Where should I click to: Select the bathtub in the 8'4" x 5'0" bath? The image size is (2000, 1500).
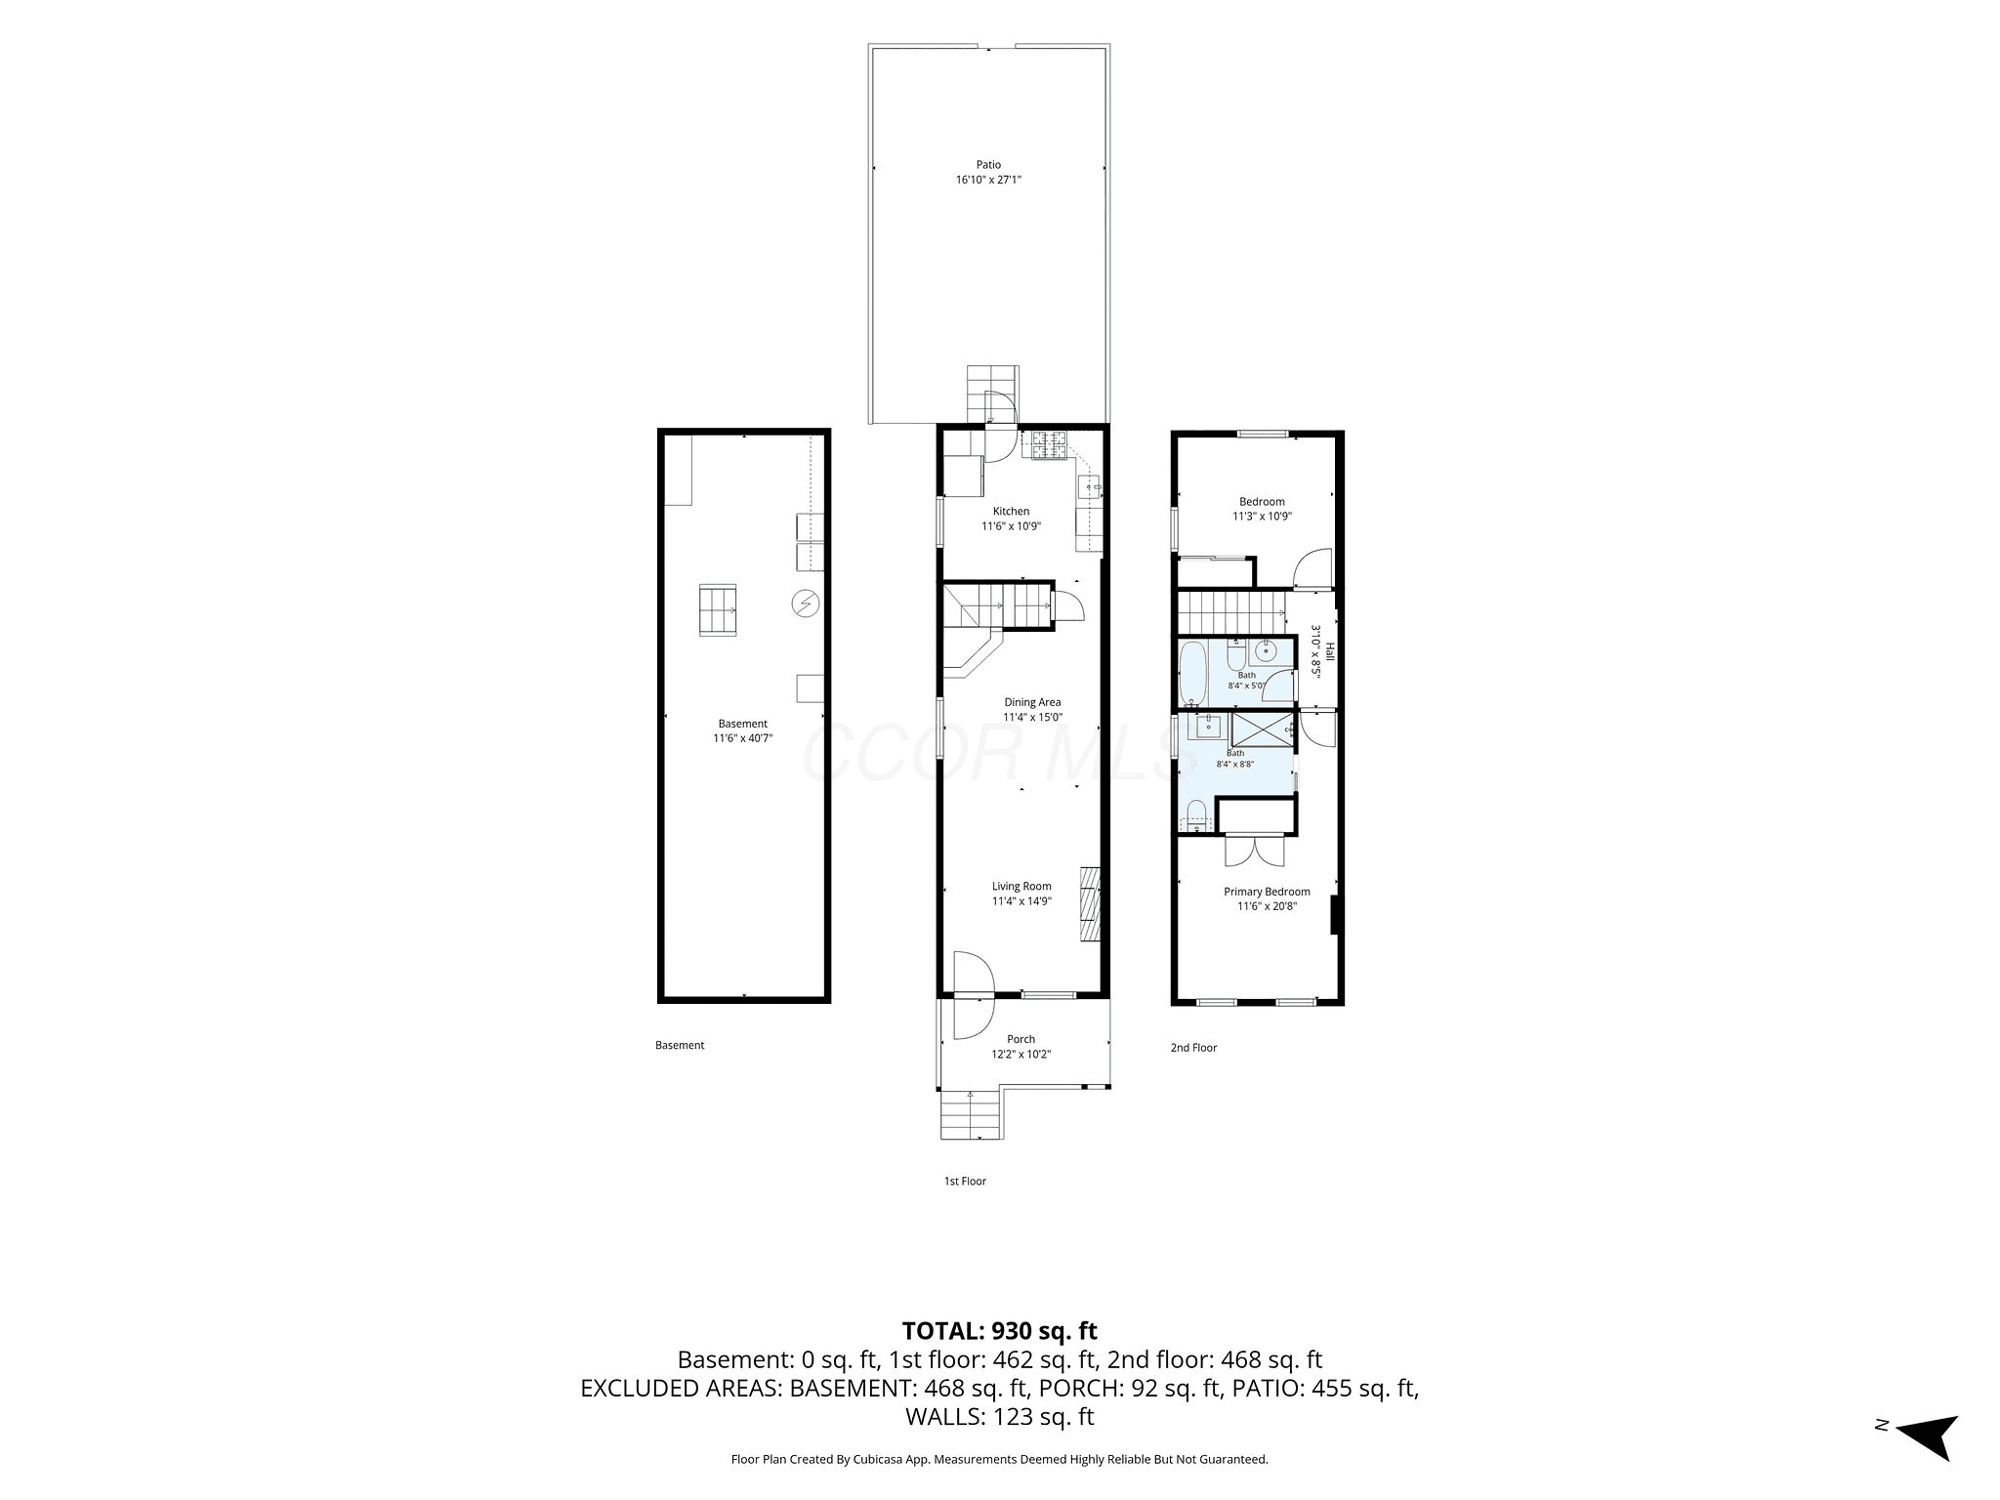1192,672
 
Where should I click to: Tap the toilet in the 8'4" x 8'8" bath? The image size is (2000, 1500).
1195,812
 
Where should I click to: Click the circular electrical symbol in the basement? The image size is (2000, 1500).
806,604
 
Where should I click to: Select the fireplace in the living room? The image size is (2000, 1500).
1090,903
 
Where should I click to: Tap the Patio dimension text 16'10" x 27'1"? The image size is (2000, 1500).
988,180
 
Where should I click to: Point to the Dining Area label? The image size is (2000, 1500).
1032,702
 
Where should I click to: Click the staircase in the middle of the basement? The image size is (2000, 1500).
718,610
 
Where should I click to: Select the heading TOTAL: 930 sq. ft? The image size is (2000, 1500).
1000,1331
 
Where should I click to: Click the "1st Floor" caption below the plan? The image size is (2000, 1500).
965,1181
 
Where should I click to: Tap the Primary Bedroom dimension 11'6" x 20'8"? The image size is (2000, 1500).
1267,906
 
